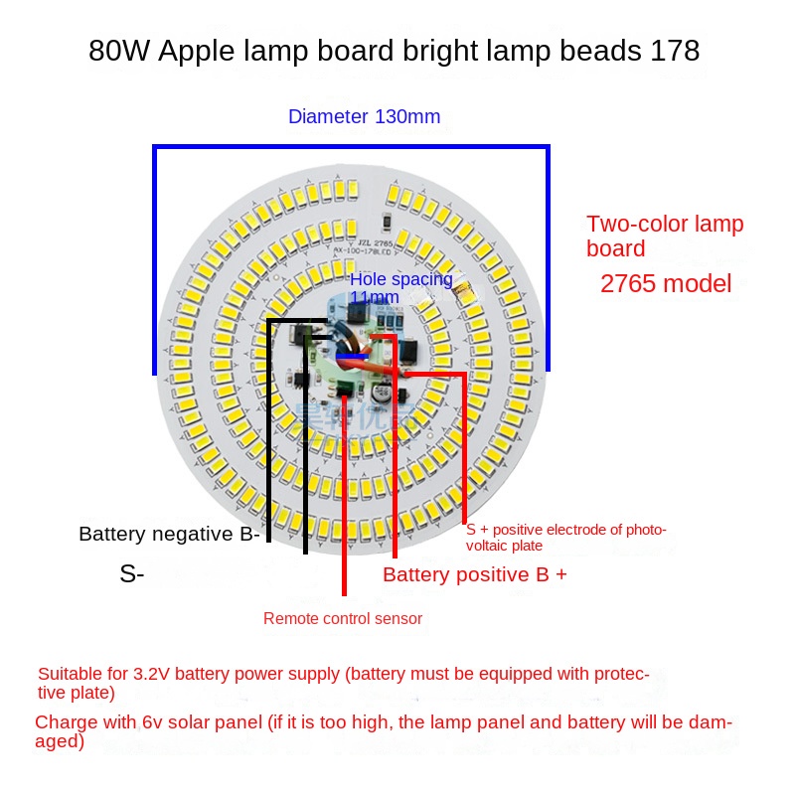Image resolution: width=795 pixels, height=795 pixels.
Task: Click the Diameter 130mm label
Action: click(x=364, y=116)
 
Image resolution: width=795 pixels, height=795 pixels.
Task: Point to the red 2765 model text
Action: click(x=666, y=283)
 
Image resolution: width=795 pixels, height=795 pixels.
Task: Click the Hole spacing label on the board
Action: click(x=400, y=280)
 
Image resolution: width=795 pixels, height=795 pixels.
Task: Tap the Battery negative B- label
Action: click(x=169, y=534)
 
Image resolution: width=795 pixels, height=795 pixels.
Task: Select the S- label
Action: click(x=132, y=573)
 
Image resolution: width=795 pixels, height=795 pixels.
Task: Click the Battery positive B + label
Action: click(x=474, y=574)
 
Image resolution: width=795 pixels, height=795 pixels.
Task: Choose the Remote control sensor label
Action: click(x=343, y=619)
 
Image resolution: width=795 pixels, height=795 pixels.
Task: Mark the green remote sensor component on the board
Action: click(x=345, y=390)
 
